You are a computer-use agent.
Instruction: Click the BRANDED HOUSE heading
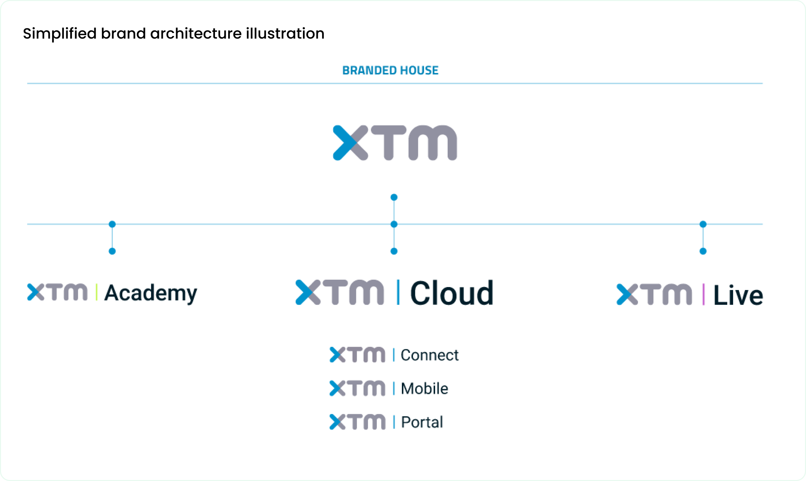point(390,70)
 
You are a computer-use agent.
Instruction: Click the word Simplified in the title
point(60,34)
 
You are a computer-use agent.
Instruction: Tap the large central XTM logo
point(395,143)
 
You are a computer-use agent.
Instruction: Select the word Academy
point(151,293)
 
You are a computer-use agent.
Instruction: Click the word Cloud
point(452,293)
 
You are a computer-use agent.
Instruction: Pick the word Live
point(738,295)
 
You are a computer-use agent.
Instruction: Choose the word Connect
point(430,355)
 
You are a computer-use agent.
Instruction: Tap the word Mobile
point(425,389)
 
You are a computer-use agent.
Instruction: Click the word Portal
point(422,422)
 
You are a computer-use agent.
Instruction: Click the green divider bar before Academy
point(97,292)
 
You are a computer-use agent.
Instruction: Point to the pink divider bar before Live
point(703,294)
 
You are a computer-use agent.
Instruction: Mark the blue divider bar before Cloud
point(398,292)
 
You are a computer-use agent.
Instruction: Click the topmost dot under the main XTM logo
point(394,197)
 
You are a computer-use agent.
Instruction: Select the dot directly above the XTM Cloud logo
point(394,251)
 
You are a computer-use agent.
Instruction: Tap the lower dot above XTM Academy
point(112,251)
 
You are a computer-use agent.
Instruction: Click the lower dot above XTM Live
point(703,251)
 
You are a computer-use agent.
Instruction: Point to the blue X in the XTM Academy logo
point(36,292)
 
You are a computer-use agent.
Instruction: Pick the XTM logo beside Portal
point(357,422)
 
